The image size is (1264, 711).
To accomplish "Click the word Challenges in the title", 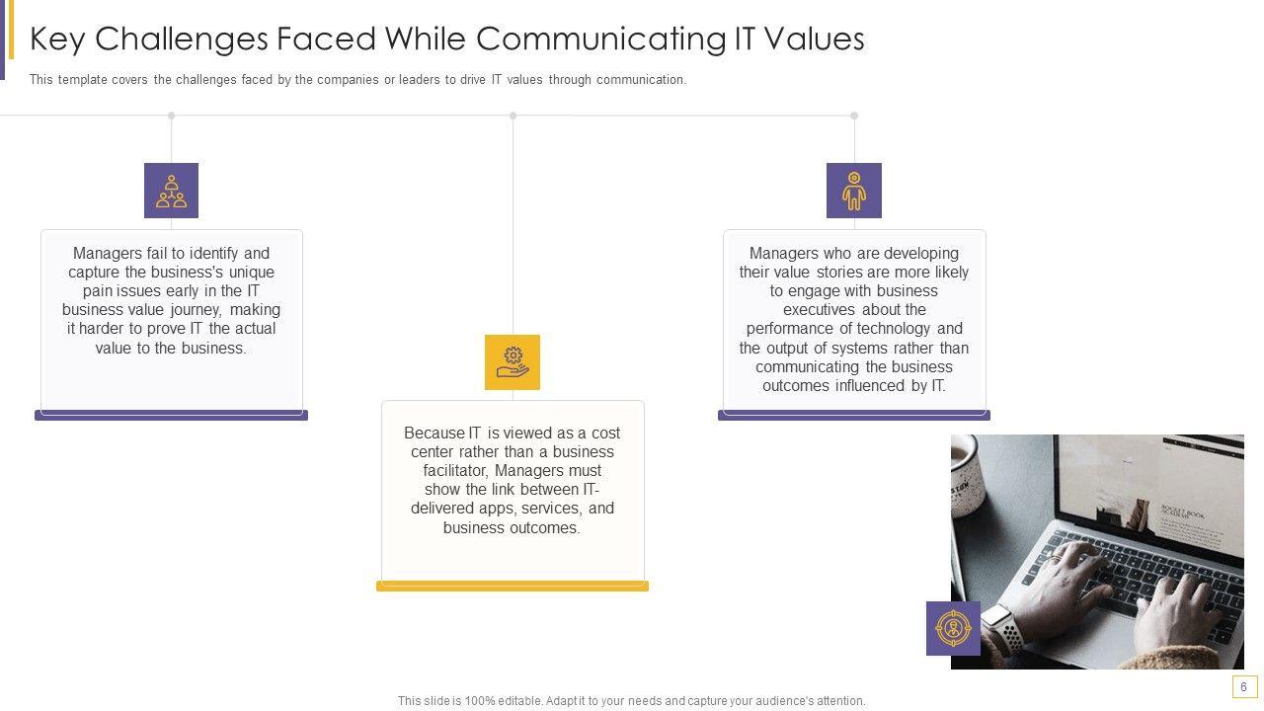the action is coord(181,39).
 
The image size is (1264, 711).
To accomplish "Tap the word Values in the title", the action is coord(815,39).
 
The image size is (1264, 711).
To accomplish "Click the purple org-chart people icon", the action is coord(171,191).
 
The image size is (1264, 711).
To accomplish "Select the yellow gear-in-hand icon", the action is coord(513,362).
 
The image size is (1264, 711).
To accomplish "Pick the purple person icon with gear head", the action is coord(854,191).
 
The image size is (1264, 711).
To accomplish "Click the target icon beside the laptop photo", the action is coord(953,628).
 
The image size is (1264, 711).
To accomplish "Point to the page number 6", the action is coord(1243,686).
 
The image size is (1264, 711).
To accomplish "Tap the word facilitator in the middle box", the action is coord(456,471).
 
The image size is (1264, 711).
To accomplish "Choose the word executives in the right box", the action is coord(819,310).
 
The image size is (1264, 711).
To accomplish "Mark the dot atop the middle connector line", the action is coord(513,116).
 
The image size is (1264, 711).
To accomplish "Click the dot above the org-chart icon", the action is coord(172,116).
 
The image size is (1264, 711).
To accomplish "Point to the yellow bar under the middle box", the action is coord(513,587).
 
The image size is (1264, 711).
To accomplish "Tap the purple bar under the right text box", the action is coord(854,416).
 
